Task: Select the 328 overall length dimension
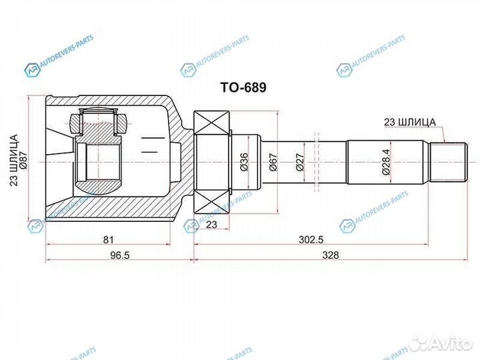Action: [x=329, y=255]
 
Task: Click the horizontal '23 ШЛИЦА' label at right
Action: [x=409, y=122]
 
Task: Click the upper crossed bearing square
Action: [x=211, y=122]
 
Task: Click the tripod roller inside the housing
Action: [x=97, y=122]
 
